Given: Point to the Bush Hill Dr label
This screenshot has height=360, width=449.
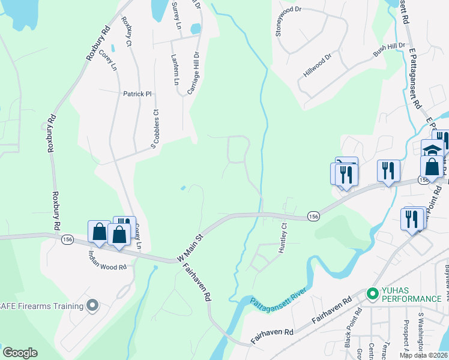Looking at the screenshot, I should tap(389, 50).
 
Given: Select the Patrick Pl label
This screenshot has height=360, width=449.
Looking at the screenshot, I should tap(137, 94).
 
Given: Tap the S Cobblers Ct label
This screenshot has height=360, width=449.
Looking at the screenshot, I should tap(154, 127).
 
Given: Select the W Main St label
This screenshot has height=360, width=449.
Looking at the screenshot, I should tap(191, 248).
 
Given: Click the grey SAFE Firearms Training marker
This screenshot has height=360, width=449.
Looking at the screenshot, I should tap(92, 306).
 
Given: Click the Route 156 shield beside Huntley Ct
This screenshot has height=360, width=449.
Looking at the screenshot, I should tap(313, 216).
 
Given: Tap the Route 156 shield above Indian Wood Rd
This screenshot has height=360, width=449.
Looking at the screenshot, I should tap(68, 238).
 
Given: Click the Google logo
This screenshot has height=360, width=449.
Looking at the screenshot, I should tap(20, 353).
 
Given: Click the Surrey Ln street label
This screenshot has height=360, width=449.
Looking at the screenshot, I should tap(176, 16).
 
